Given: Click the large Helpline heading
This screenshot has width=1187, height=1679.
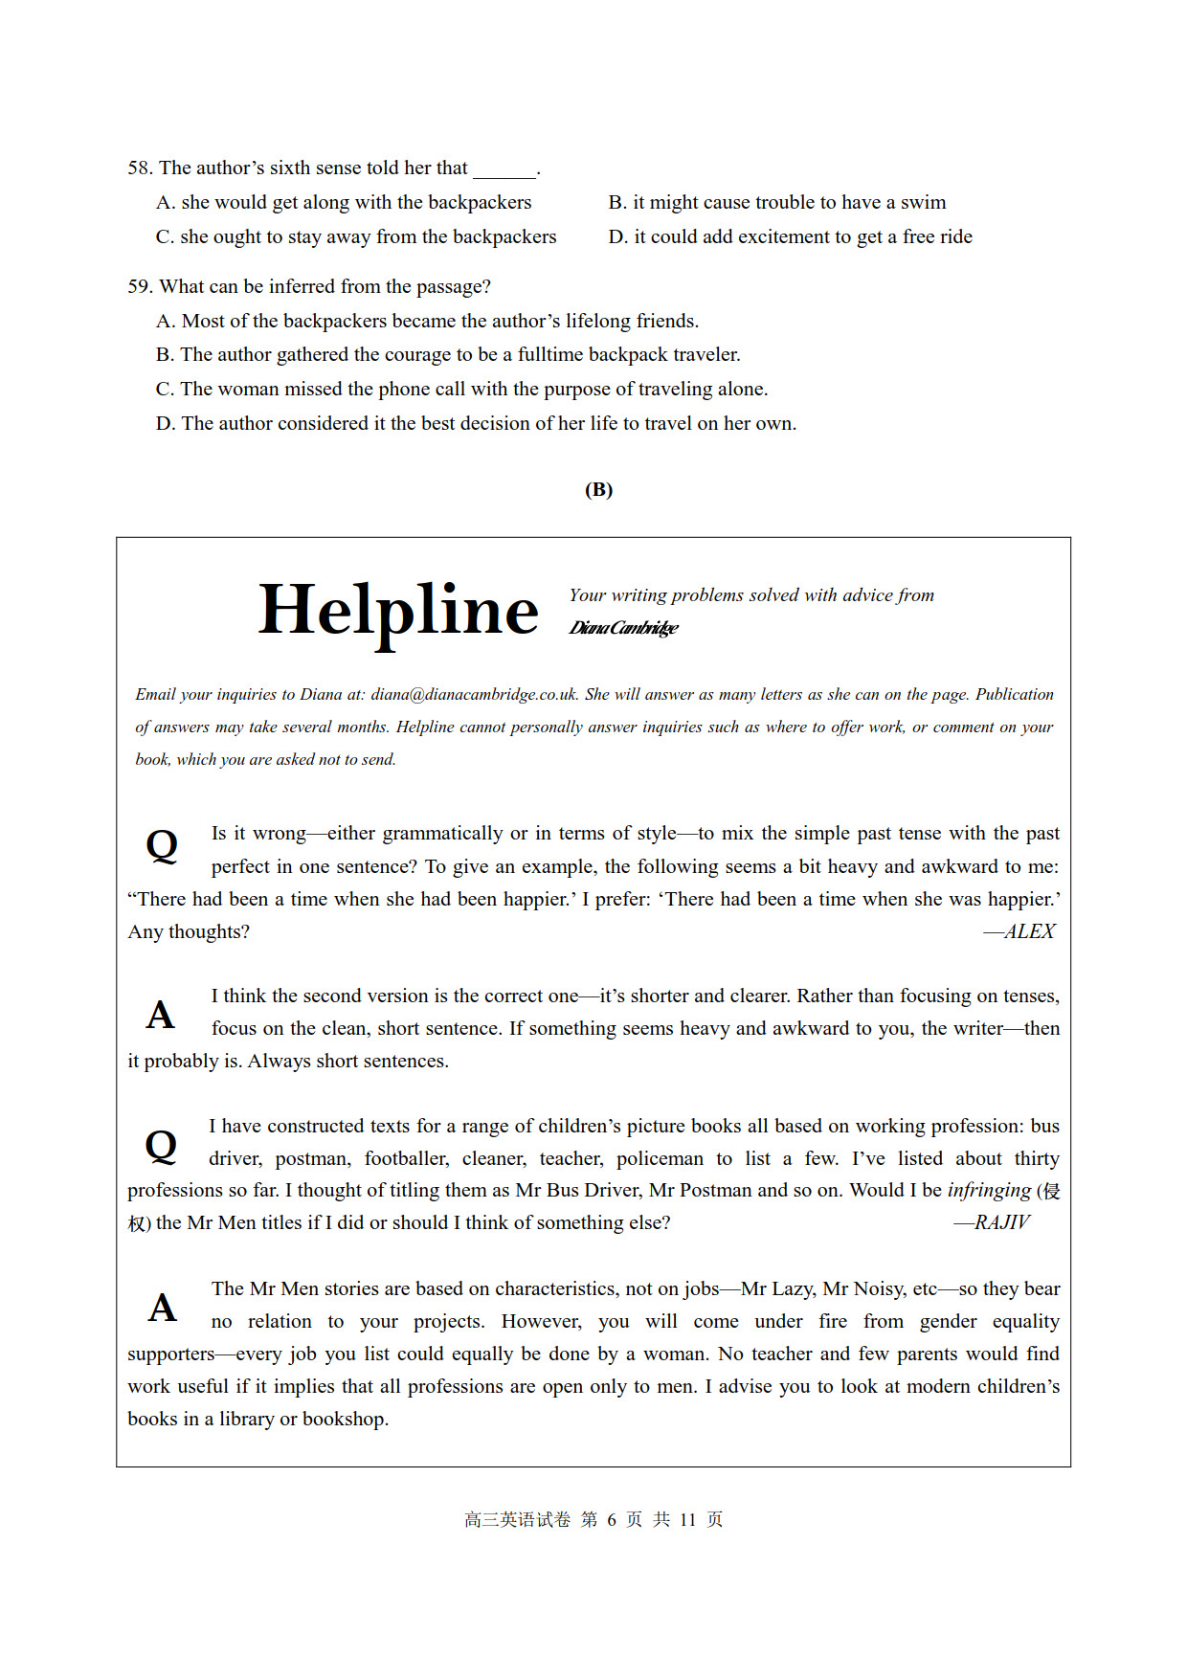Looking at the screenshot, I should (398, 611).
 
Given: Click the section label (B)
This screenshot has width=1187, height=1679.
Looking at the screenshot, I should (598, 490).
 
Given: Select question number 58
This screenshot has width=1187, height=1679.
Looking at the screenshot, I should (140, 168).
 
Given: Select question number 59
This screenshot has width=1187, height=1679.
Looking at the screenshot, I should (140, 287).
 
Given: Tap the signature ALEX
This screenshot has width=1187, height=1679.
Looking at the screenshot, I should (1020, 931).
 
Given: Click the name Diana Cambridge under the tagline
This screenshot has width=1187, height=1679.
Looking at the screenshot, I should (623, 628).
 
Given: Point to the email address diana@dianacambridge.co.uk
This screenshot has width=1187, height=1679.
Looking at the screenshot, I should (474, 695).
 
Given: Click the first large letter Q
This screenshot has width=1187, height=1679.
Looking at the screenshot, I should (162, 846).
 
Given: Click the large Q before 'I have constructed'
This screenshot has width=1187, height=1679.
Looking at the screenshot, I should (161, 1146).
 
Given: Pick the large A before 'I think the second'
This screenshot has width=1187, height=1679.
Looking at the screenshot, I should (161, 1016).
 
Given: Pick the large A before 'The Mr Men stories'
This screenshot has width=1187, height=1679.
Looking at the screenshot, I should (162, 1308).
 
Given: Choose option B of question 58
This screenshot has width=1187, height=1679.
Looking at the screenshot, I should (776, 203).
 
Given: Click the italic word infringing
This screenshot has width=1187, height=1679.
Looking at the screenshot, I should (989, 1190).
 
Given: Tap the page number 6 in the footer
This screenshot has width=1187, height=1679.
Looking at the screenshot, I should (611, 1520).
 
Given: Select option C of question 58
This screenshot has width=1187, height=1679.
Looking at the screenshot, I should (355, 237).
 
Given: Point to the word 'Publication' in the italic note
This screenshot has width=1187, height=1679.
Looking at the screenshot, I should (1015, 695).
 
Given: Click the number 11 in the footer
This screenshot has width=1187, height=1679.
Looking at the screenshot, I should (687, 1520).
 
